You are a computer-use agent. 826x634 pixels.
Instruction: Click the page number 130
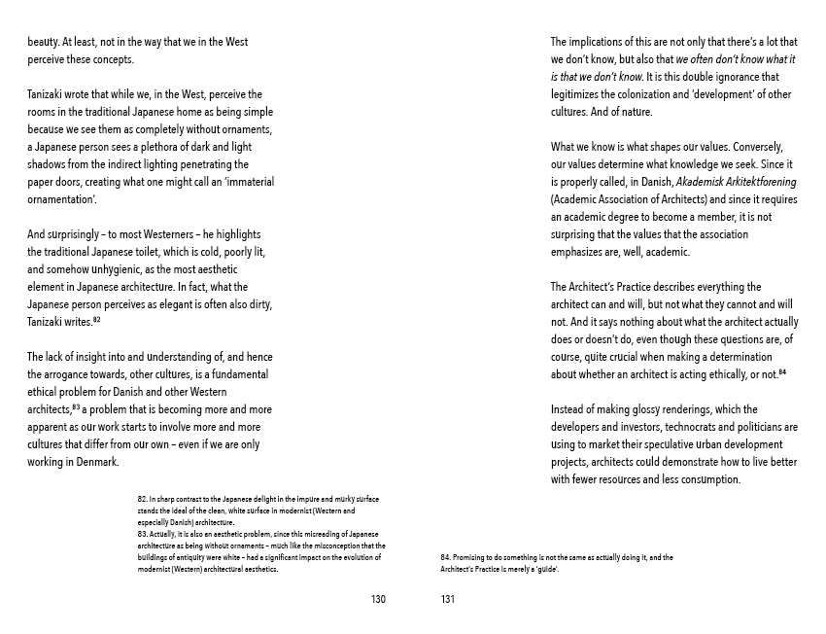pos(378,599)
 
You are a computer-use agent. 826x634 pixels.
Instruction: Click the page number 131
pos(448,599)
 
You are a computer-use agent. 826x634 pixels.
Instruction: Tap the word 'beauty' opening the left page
pos(44,42)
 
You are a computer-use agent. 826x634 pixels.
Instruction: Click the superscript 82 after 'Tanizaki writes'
pos(98,320)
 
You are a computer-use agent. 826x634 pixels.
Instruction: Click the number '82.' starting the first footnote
pos(143,499)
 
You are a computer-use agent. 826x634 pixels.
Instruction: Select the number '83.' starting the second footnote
pos(143,534)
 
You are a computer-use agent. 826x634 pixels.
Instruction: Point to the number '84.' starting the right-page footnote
pos(446,557)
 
